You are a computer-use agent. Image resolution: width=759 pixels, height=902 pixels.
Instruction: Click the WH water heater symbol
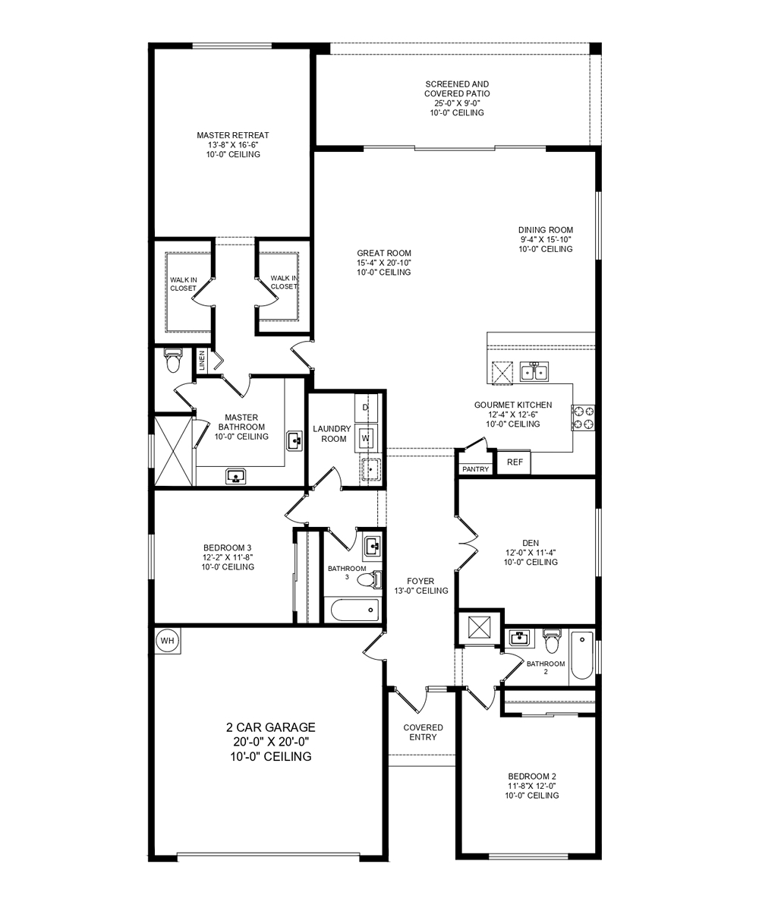tap(167, 641)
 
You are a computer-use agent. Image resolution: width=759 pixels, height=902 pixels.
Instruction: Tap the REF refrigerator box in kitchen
tap(515, 462)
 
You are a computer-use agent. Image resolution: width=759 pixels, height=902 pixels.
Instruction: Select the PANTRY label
tap(476, 469)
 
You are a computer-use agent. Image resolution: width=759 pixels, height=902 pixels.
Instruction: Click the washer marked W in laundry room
tap(366, 438)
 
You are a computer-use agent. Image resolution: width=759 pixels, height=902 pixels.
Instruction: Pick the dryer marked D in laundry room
tap(365, 408)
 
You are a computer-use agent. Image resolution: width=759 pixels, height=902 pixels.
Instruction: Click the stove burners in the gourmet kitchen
tap(584, 418)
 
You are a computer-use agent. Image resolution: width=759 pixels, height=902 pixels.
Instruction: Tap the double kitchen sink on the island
tap(534, 372)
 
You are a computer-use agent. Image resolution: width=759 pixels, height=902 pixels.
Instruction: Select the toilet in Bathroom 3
tap(367, 581)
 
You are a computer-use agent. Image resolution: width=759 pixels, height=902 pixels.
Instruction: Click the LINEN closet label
tap(202, 361)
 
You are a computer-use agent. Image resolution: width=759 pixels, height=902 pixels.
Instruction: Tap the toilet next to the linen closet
tap(173, 361)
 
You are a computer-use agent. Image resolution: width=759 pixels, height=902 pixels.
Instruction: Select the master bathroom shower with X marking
tap(174, 449)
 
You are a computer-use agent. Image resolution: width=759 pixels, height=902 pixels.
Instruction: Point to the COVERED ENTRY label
tap(423, 733)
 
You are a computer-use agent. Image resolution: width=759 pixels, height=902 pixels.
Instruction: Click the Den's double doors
tap(465, 544)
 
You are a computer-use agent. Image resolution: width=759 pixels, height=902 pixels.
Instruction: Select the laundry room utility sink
tap(370, 470)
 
